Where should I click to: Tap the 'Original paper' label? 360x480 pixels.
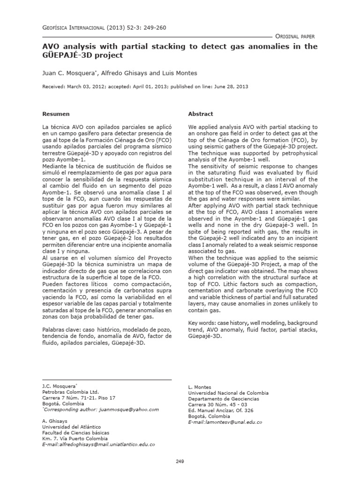pyautogui.click(x=295, y=36)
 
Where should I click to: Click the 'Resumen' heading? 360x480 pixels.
pyautogui.click(x=56, y=114)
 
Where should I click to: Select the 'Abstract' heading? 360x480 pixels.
pyautogui.click(x=201, y=114)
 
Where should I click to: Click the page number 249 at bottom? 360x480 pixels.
pyautogui.click(x=180, y=462)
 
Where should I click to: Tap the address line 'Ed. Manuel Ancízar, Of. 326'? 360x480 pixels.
pyautogui.click(x=221, y=410)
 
